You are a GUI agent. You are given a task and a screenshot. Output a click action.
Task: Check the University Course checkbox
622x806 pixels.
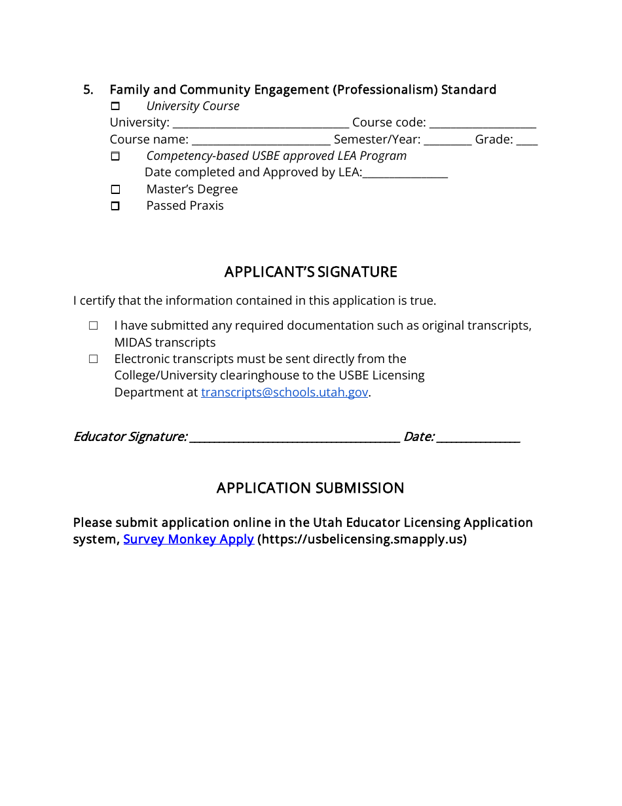tap(115, 106)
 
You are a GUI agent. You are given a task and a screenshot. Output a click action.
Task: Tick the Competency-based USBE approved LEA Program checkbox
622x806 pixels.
tap(115, 156)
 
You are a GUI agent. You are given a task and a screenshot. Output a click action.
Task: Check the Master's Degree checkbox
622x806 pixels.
tap(115, 189)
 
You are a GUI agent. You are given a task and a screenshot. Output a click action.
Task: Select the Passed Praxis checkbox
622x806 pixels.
tap(115, 206)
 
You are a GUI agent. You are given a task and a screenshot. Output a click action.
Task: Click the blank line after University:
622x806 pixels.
tap(261, 123)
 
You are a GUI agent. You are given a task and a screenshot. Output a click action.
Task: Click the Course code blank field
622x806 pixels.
tap(483, 123)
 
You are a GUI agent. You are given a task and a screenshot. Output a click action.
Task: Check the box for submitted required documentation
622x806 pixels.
tap(94, 326)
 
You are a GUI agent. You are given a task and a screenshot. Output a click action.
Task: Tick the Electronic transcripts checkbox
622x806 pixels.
tap(94, 359)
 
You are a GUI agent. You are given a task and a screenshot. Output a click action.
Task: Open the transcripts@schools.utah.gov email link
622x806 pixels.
tap(284, 393)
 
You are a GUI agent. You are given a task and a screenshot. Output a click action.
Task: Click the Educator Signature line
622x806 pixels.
tap(294, 437)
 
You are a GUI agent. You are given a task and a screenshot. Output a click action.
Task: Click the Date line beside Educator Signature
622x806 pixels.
tap(478, 437)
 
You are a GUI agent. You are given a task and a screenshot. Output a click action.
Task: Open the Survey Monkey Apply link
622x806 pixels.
tap(189, 539)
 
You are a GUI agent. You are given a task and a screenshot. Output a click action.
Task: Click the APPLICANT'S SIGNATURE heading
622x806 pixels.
tap(310, 272)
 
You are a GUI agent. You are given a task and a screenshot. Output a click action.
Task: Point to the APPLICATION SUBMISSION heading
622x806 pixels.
tap(310, 488)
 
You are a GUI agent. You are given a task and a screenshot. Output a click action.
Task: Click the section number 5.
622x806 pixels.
tap(88, 90)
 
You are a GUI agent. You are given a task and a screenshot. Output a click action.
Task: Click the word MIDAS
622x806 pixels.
tap(133, 343)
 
